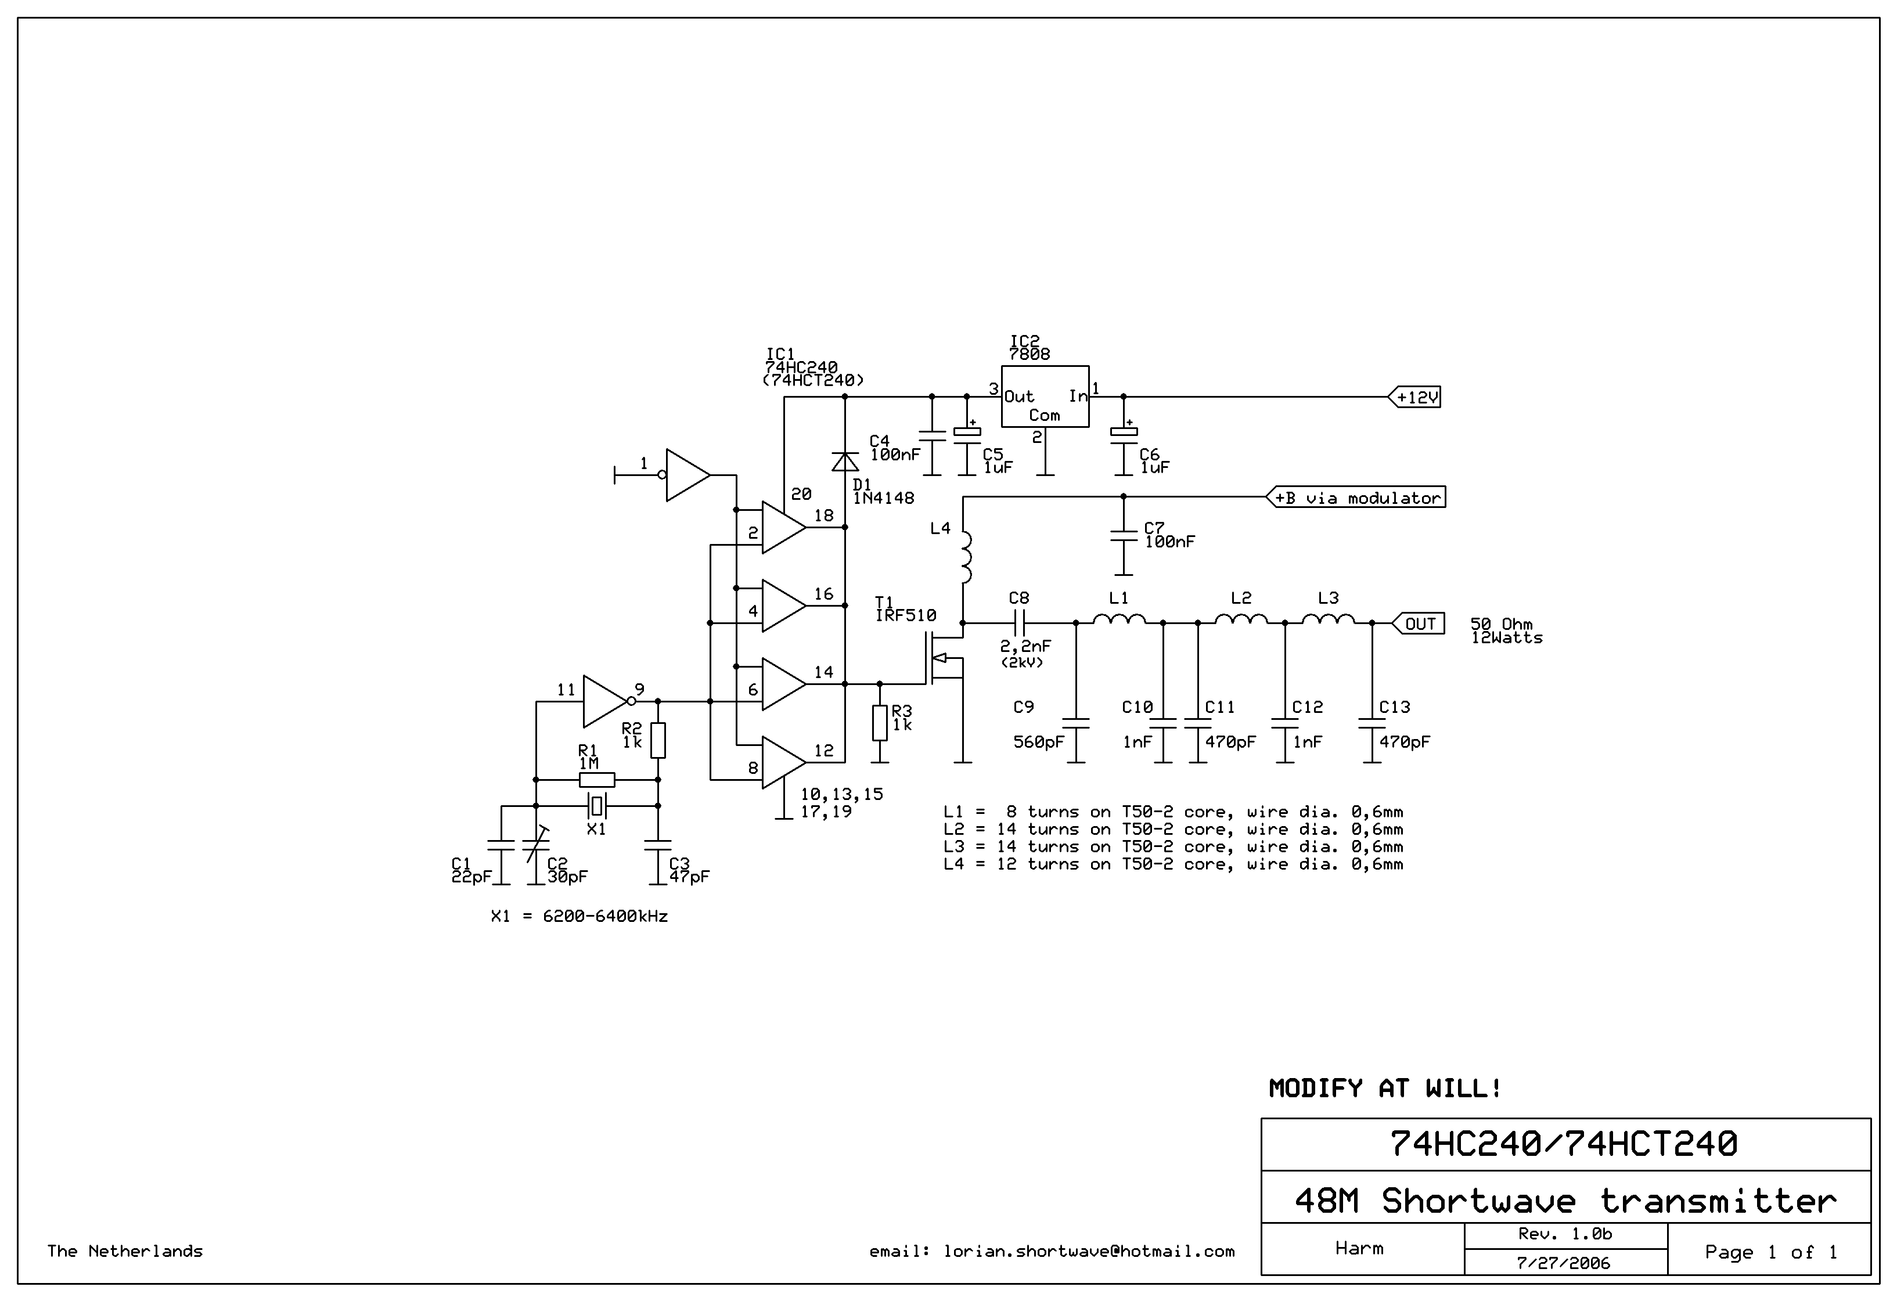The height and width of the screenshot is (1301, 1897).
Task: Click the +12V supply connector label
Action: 1416,398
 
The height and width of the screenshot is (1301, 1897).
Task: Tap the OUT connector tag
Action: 1419,624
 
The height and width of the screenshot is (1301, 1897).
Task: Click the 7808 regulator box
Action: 1045,397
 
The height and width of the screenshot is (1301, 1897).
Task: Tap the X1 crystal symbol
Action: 597,806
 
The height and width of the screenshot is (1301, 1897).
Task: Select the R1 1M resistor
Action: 597,780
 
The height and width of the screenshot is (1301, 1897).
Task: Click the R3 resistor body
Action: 879,723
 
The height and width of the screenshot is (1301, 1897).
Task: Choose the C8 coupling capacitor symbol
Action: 1020,624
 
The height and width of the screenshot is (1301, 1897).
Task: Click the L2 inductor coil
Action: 1241,621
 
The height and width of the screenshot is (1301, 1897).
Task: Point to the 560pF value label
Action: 1038,742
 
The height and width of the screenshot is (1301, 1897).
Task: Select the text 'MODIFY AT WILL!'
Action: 1384,1089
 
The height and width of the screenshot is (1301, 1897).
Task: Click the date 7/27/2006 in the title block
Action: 1563,1263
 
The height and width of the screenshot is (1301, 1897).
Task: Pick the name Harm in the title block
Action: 1359,1248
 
